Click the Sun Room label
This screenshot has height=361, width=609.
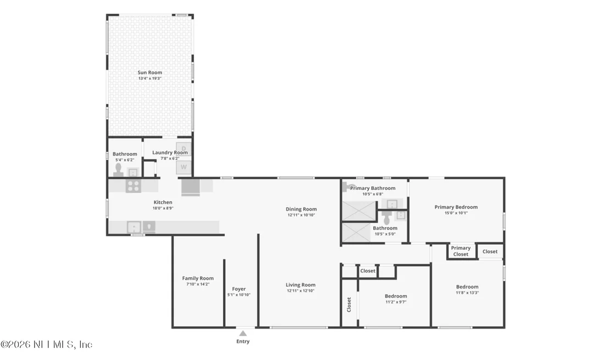(x=150, y=72)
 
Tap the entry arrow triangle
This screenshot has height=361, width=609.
(x=243, y=333)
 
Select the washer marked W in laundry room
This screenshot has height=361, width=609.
(x=184, y=167)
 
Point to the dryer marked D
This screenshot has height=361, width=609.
(x=184, y=149)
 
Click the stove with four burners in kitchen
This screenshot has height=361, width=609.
(x=133, y=186)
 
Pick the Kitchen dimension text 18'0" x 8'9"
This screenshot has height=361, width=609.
(x=163, y=208)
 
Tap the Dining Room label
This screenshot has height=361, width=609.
(x=301, y=209)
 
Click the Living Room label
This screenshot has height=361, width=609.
(x=301, y=285)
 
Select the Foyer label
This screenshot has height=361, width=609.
(x=239, y=289)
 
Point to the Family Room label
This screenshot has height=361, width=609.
(x=198, y=278)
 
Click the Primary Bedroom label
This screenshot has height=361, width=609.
(x=456, y=207)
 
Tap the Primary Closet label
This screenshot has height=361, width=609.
(x=461, y=251)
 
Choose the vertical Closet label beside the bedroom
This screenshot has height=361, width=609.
(x=349, y=305)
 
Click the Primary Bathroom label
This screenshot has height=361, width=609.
(x=373, y=188)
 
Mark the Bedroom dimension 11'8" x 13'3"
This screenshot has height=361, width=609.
(x=467, y=293)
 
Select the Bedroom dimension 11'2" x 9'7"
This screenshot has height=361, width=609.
(x=396, y=302)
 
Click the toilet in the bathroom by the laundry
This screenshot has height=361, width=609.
(x=119, y=170)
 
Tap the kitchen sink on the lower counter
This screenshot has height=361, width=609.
(x=134, y=227)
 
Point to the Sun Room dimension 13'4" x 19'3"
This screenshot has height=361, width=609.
(x=150, y=78)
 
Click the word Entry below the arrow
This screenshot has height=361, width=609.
(x=243, y=342)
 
